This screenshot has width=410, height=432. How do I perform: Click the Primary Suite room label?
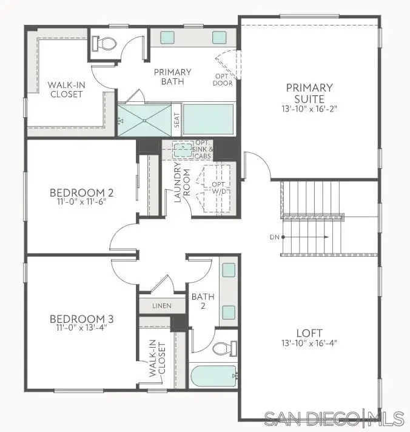(309, 93)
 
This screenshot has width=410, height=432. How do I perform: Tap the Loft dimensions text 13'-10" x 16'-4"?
(309, 343)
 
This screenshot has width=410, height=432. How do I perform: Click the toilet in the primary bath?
(105, 44)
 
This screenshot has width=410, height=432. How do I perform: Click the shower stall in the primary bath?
(144, 120)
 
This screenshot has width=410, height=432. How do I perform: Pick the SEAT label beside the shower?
(176, 120)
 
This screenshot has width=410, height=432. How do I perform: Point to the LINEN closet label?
(162, 306)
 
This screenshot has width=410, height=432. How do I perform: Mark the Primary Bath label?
(172, 77)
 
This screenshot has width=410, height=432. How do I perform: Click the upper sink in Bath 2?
(229, 271)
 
